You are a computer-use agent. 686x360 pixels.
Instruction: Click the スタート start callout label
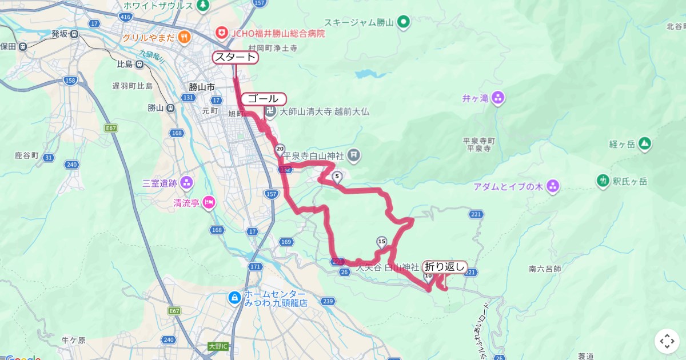pyautogui.click(x=235, y=57)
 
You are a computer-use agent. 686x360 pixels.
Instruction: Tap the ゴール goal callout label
pyautogui.click(x=263, y=98)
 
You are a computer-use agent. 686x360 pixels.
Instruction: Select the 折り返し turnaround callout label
pyautogui.click(x=445, y=266)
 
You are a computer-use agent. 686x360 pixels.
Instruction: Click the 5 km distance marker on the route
pyautogui.click(x=337, y=176)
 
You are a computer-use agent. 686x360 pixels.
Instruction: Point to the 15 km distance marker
pyautogui.click(x=382, y=241)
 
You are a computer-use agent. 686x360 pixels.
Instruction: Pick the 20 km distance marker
pyautogui.click(x=280, y=149)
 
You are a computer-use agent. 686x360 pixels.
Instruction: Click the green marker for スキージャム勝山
pyautogui.click(x=404, y=23)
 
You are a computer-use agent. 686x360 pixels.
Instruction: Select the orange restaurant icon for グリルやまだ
pyautogui.click(x=184, y=38)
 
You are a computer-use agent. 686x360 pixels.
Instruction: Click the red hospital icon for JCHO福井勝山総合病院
pyautogui.click(x=221, y=33)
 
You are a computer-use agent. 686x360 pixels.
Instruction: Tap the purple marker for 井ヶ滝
pyautogui.click(x=498, y=98)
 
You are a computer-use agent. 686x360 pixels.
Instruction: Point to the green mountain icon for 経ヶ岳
pyautogui.click(x=645, y=143)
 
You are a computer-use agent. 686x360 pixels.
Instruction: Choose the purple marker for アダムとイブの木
pyautogui.click(x=552, y=186)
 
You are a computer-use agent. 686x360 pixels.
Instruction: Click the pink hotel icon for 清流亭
pyautogui.click(x=209, y=202)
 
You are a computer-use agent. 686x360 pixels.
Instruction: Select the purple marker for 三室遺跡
pyautogui.click(x=186, y=183)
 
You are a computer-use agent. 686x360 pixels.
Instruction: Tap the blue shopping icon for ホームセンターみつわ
pyautogui.click(x=234, y=298)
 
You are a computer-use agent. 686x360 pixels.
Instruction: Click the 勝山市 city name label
pyautogui.click(x=202, y=87)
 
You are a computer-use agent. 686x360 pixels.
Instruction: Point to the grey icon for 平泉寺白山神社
pyautogui.click(x=354, y=155)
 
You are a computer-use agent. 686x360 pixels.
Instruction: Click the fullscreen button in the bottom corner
pyautogui.click(x=667, y=341)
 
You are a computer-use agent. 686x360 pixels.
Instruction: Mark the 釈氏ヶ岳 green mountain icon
pyautogui.click(x=603, y=181)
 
